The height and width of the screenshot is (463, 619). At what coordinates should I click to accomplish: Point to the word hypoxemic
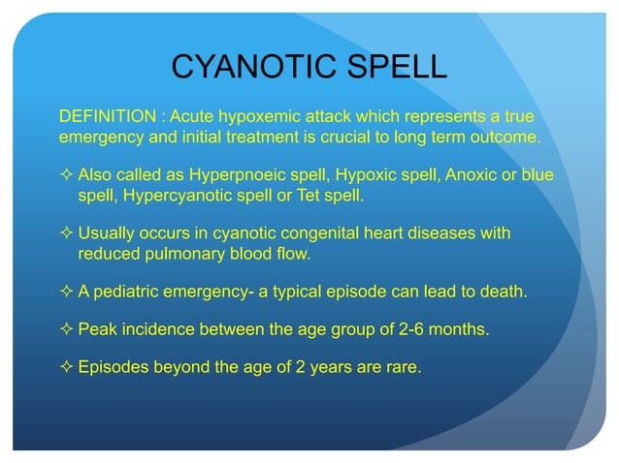click(x=256, y=117)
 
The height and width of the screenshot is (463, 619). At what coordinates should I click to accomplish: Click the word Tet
click(x=306, y=196)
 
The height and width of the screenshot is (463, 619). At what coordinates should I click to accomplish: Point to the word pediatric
click(x=128, y=293)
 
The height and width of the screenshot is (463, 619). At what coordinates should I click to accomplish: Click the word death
click(x=505, y=293)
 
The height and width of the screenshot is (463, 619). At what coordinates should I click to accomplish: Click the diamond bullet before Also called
click(x=66, y=176)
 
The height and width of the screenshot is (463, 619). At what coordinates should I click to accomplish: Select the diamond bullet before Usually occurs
click(x=66, y=234)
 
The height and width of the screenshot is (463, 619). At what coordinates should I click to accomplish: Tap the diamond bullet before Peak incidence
click(x=66, y=329)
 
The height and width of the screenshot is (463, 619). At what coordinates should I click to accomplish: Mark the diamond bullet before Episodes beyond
click(x=66, y=366)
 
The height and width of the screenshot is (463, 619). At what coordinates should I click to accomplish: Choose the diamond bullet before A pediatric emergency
click(x=66, y=293)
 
